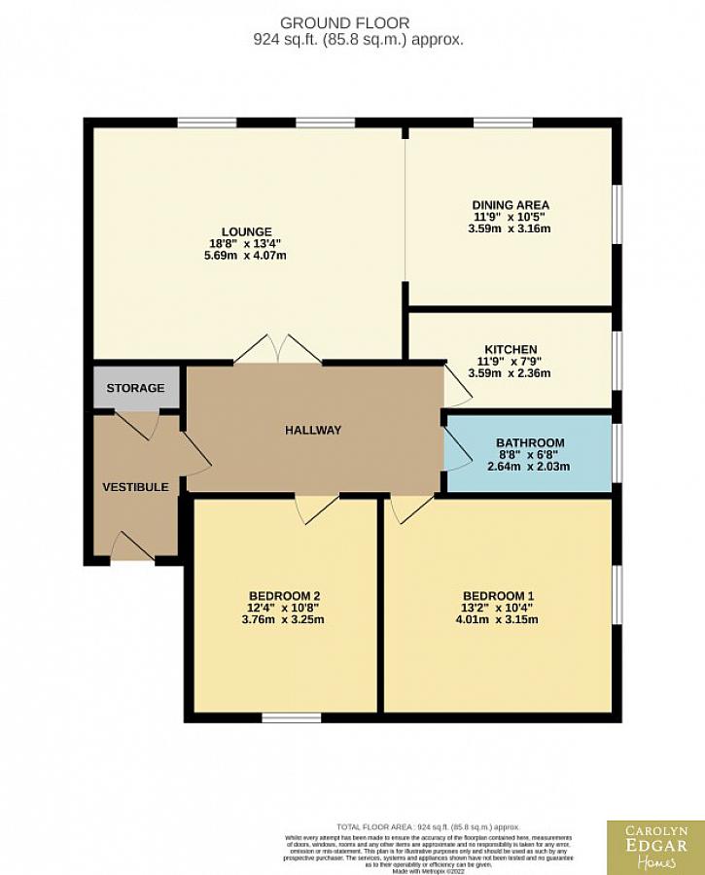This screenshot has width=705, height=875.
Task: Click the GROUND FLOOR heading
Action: coord(344,22)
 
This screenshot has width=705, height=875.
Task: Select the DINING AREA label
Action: coord(511,205)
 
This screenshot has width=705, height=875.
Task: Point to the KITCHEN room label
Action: coord(511,350)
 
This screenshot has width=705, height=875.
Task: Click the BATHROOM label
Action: coord(529,443)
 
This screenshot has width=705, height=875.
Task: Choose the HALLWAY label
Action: coord(313,430)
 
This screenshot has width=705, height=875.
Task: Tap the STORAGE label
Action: coord(135,388)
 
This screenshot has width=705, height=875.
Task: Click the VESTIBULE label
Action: coord(136,487)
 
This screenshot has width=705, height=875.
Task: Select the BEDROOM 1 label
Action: coord(498,596)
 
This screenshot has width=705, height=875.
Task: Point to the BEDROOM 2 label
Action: coord(285,596)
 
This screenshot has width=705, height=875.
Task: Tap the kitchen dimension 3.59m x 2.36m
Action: coord(511,373)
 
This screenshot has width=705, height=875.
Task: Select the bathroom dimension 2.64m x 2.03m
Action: coord(529,467)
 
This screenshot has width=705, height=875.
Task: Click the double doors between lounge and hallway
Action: coord(278,350)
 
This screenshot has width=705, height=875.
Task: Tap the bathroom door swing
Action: coord(455,450)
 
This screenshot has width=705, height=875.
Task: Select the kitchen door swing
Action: coord(457,389)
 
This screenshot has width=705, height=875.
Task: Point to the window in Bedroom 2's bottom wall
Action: coord(292,718)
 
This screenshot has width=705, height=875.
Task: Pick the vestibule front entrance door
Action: coord(132,546)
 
